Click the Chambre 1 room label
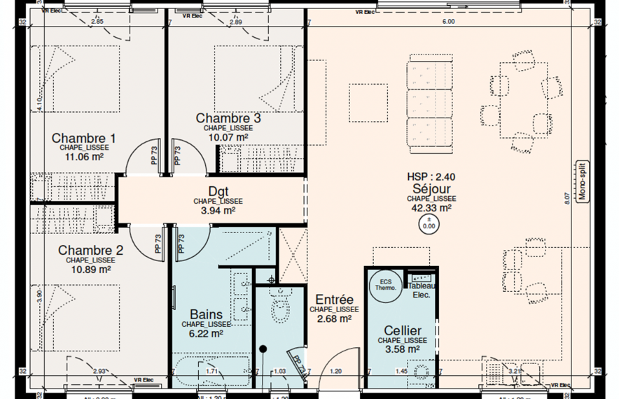pyautogui.click(x=83, y=138)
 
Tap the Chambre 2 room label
pyautogui.click(x=90, y=250)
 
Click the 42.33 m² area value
pyautogui.click(x=431, y=208)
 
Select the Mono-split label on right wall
pyautogui.click(x=580, y=182)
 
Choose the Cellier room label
pyautogui.click(x=402, y=330)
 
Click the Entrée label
pyautogui.click(x=333, y=299)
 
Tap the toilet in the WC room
pyautogui.click(x=281, y=306)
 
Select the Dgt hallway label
pyautogui.click(x=218, y=191)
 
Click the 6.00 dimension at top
pyautogui.click(x=447, y=22)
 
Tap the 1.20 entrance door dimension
pyautogui.click(x=335, y=371)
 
